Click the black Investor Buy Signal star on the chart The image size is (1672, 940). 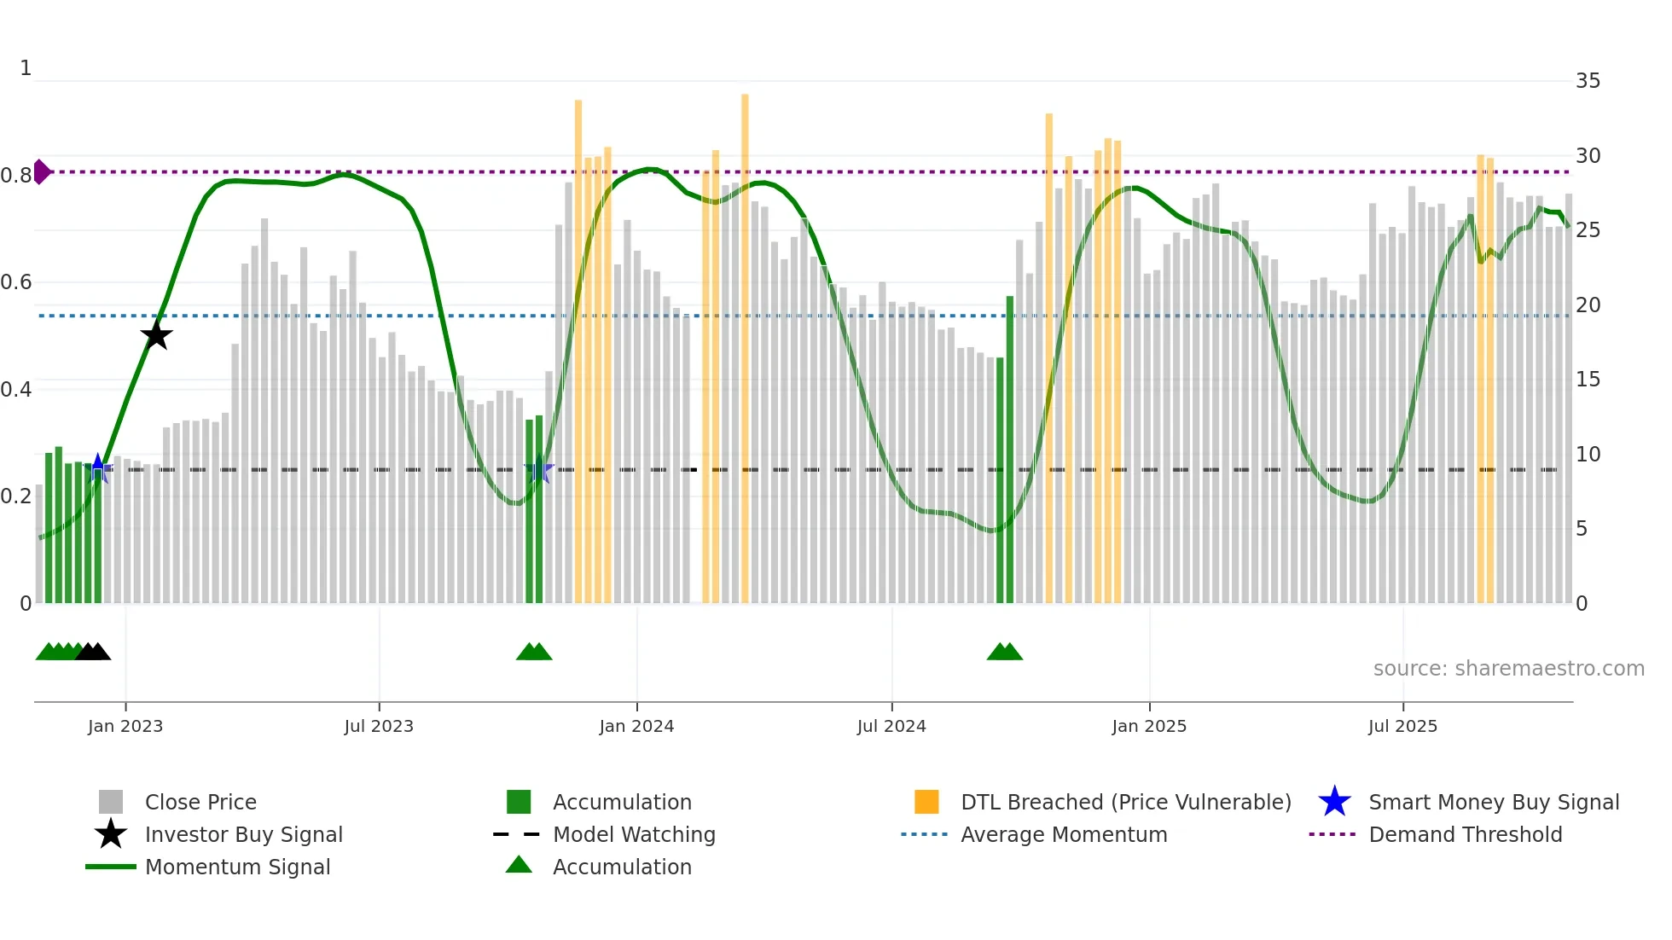tap(156, 334)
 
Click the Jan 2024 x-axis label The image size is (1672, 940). tap(636, 726)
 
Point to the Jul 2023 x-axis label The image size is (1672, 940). tap(379, 726)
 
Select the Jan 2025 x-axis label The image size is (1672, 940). tap(1149, 726)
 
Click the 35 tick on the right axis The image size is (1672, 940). tap(1588, 81)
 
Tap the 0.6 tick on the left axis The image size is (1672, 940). tap(17, 282)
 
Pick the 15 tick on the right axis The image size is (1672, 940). tap(1588, 380)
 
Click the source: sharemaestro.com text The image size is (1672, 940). tap(1508, 668)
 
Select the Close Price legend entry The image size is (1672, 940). tap(200, 802)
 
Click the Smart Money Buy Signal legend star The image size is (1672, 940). tap(1334, 802)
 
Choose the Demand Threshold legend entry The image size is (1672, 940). tap(1465, 834)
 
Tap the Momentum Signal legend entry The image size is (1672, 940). tap(237, 867)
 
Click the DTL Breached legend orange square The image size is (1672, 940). tap(926, 802)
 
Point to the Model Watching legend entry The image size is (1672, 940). tap(634, 834)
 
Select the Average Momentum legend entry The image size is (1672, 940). tap(1064, 834)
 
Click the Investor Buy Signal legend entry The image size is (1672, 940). tap(243, 834)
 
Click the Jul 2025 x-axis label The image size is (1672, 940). tap(1402, 726)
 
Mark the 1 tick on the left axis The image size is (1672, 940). tap(26, 68)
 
